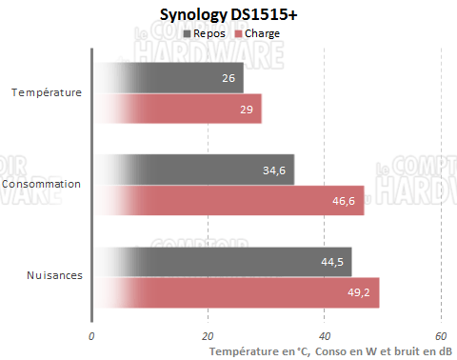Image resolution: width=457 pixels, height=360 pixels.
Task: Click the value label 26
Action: click(x=228, y=78)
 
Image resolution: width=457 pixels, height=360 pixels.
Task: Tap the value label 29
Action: click(x=246, y=109)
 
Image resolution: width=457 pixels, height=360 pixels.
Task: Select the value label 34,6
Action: click(x=274, y=170)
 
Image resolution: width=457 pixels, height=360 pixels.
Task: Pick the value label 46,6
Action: click(x=344, y=200)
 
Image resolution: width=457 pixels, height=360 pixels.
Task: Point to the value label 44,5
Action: click(x=332, y=262)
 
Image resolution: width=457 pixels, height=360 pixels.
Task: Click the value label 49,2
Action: click(x=359, y=292)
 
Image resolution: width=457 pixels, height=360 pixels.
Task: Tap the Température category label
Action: click(x=46, y=92)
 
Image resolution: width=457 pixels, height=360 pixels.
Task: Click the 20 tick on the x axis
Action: click(x=208, y=336)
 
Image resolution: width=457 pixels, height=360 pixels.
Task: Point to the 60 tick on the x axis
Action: click(x=441, y=336)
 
